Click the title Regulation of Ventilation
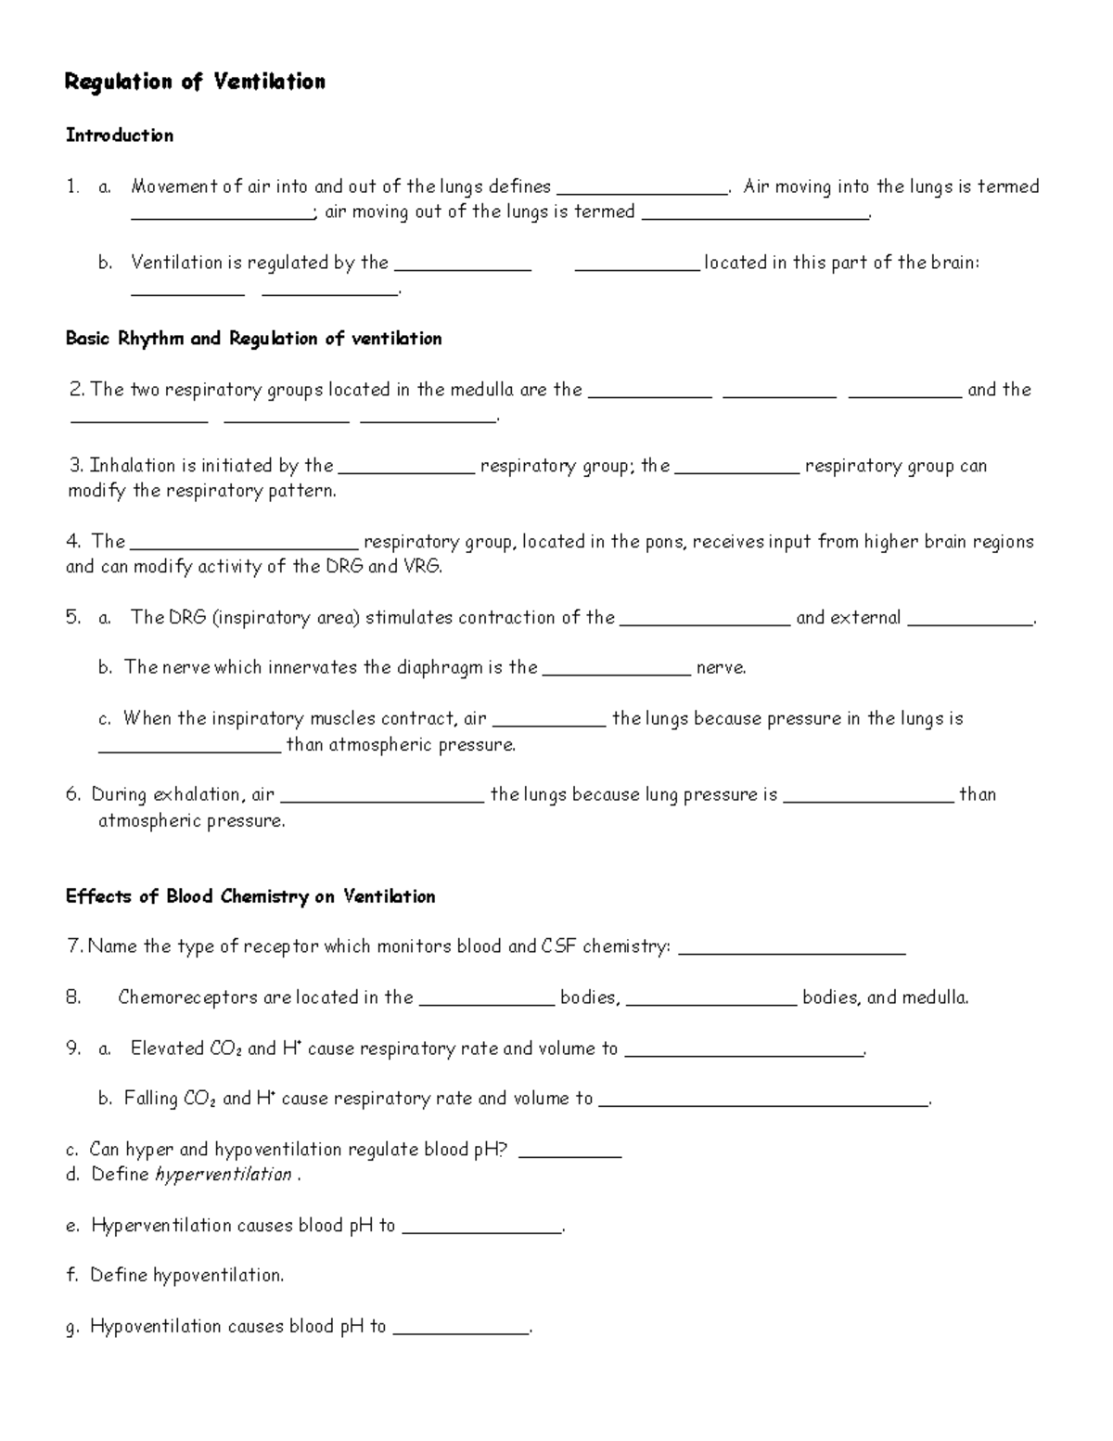[x=195, y=83]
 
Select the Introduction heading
[x=119, y=135]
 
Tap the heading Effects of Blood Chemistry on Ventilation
[x=249, y=896]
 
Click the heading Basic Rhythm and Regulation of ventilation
[x=253, y=339]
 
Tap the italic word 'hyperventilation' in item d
[x=224, y=1175]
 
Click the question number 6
[x=73, y=794]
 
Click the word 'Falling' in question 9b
[x=151, y=1099]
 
